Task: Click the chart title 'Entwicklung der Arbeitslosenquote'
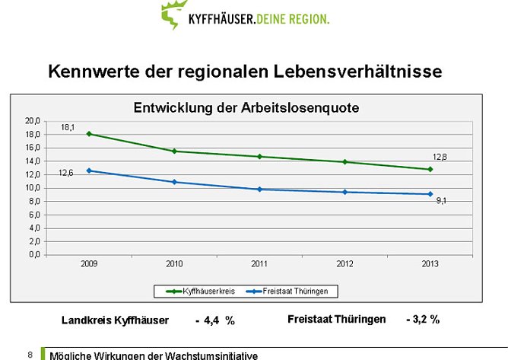[x=246, y=108]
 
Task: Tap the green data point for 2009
[x=89, y=134]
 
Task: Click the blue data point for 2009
[x=89, y=170]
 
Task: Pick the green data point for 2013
[x=430, y=169]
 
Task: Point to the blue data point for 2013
[x=430, y=194]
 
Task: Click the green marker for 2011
[x=259, y=156]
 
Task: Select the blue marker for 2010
[x=174, y=182]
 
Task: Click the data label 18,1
[x=68, y=128]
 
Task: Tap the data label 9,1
[x=441, y=201]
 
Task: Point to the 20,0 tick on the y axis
[x=32, y=121]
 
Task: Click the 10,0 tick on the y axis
[x=32, y=188]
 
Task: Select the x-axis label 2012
[x=344, y=263]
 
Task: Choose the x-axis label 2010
[x=174, y=263]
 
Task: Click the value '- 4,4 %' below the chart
[x=215, y=320]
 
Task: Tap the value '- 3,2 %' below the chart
[x=423, y=320]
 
